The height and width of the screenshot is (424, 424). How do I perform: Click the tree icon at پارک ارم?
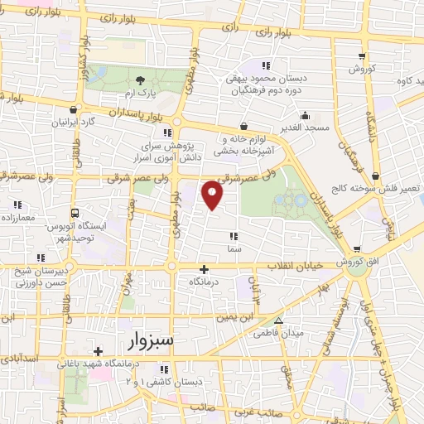click(x=140, y=80)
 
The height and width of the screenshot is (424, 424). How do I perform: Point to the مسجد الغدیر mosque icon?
click(x=306, y=115)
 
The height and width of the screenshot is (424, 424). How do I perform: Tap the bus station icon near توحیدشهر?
click(x=75, y=212)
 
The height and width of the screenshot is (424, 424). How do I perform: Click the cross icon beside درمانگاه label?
click(x=204, y=269)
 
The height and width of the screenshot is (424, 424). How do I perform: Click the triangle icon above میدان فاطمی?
click(x=278, y=320)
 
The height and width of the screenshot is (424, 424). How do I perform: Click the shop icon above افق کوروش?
click(x=357, y=248)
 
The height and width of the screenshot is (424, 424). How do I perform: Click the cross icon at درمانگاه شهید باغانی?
click(x=98, y=350)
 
